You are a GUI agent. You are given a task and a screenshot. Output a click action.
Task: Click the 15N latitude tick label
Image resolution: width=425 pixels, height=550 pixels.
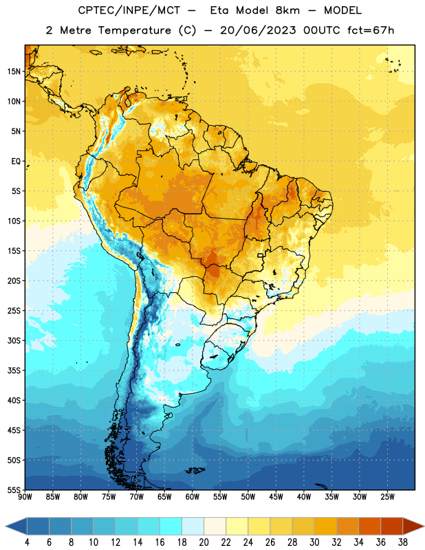14,71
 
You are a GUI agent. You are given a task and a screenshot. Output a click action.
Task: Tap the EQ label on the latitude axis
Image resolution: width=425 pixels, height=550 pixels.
16,162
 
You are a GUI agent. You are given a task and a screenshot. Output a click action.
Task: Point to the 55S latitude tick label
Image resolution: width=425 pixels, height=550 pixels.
14,489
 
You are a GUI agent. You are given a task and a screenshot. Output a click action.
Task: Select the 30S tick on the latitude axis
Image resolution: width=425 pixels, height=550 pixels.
14,340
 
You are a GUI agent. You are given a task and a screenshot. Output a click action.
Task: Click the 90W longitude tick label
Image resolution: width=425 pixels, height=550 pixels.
25,497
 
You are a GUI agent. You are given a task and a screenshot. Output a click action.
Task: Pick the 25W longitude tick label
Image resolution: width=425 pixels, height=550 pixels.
387,497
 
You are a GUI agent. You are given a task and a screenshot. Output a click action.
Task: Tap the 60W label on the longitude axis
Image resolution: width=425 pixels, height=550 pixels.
193,497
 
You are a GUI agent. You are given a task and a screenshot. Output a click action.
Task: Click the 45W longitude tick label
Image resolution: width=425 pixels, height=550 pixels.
276,497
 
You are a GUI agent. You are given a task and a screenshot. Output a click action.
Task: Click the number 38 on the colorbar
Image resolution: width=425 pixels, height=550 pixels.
402,542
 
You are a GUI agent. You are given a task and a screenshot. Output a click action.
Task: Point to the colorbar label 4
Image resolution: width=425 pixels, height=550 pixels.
27,542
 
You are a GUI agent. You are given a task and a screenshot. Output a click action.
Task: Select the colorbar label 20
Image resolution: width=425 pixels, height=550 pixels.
204,542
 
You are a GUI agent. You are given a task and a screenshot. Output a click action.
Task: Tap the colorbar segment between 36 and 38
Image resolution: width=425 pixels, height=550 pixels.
392,527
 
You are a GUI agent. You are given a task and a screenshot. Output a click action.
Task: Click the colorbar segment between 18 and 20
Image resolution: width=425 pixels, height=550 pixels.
193,527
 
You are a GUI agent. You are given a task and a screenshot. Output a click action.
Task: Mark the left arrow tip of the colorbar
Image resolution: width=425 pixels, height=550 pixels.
6,527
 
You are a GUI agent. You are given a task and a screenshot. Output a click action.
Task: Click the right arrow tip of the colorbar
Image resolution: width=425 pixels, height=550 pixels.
424,527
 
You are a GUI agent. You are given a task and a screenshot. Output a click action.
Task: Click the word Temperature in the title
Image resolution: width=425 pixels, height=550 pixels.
134,30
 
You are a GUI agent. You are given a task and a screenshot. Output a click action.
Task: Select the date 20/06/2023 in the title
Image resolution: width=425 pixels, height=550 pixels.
258,30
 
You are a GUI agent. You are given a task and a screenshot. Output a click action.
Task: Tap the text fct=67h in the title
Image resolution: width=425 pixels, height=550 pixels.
371,30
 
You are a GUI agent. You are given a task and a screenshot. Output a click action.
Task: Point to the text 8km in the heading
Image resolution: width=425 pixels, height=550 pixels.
287,10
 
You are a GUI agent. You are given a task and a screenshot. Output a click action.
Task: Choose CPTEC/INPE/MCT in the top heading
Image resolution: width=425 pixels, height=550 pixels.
129,10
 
